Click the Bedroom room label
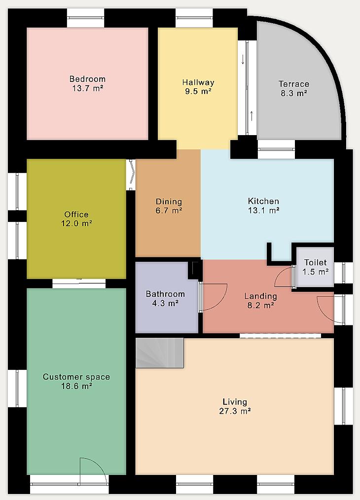(x=87, y=79)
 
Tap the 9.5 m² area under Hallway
(x=198, y=92)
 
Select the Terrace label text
(x=294, y=84)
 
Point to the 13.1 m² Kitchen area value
(x=264, y=211)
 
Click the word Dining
(x=169, y=202)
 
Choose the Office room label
(x=76, y=214)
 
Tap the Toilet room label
(x=315, y=262)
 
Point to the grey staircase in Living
(x=159, y=353)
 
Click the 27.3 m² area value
(x=235, y=411)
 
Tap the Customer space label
(x=76, y=377)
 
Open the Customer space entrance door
(x=93, y=472)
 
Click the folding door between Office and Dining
(x=131, y=174)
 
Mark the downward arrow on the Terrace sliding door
(x=243, y=59)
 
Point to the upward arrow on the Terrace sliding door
(x=252, y=116)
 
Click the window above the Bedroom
(x=85, y=18)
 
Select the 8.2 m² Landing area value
(x=260, y=306)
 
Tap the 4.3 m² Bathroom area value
(x=165, y=303)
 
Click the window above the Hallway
(x=194, y=18)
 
